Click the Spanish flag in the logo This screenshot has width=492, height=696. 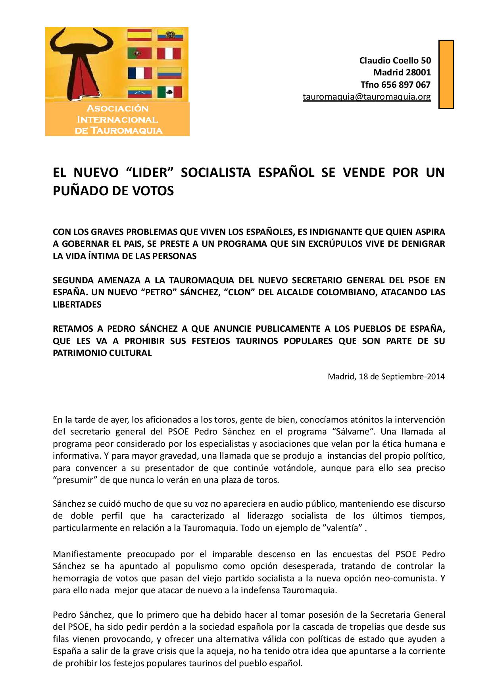pyautogui.click(x=139, y=35)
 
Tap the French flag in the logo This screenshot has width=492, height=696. pyautogui.click(x=139, y=73)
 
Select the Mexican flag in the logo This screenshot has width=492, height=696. pyautogui.click(x=169, y=92)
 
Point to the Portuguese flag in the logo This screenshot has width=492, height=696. pyautogui.click(x=139, y=54)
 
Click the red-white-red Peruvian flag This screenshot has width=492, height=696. pyautogui.click(x=169, y=54)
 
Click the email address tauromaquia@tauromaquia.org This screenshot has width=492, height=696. pyautogui.click(x=367, y=97)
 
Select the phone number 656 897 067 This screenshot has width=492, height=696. pyautogui.click(x=406, y=85)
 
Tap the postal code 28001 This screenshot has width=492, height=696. pyautogui.click(x=418, y=73)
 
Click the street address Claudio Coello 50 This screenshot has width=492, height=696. pyautogui.click(x=395, y=60)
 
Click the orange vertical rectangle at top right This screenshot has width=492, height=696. pyautogui.click(x=446, y=74)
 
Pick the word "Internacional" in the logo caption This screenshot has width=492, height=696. pyautogui.click(x=117, y=119)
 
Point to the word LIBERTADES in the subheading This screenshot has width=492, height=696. pyautogui.click(x=77, y=305)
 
